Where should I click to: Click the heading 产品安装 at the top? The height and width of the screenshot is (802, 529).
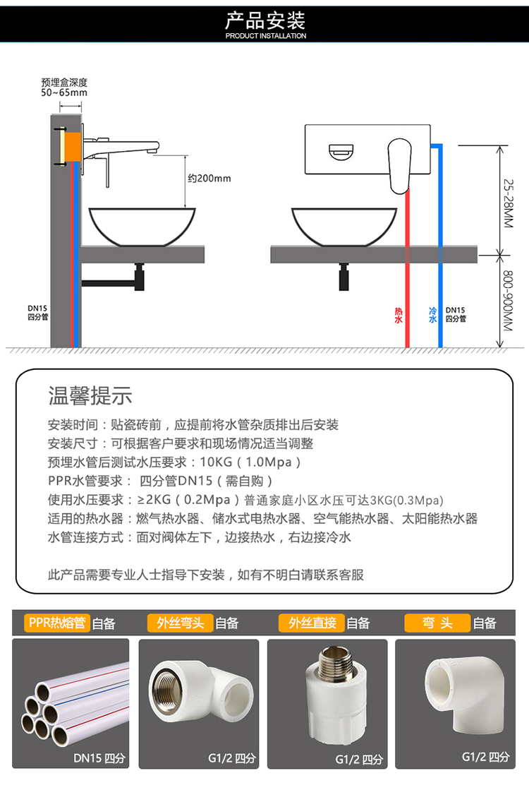pos(264,19)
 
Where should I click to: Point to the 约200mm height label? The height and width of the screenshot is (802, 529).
pos(209,178)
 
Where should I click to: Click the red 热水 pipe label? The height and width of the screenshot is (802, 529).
pos(399,315)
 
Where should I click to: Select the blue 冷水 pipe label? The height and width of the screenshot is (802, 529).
pos(433,315)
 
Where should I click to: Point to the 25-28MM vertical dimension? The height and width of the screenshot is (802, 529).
pos(509,201)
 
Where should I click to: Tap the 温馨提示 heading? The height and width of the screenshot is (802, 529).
pos(90,395)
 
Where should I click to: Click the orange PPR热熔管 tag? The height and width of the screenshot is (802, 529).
pos(56,623)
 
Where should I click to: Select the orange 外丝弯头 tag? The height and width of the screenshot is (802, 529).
pos(180,623)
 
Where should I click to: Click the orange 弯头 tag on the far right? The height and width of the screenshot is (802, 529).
pos(437,623)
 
